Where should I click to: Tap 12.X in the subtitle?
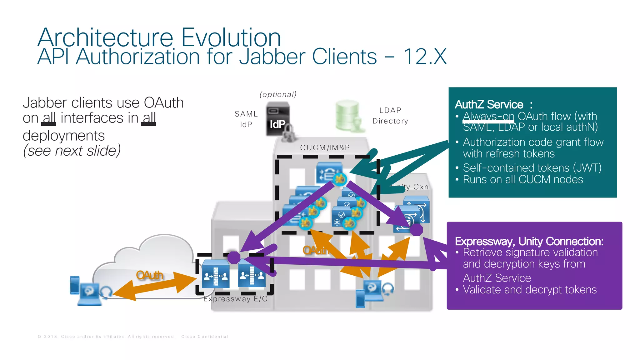click(425, 57)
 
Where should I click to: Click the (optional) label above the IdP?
click(278, 94)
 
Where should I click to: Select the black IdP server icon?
click(277, 121)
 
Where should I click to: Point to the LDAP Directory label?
click(390, 116)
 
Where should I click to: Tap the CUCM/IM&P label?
click(325, 147)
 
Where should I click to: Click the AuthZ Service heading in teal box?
click(489, 104)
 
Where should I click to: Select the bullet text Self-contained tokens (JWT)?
click(532, 168)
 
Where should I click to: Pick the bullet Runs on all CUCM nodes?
click(523, 179)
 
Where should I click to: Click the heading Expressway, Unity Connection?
click(529, 241)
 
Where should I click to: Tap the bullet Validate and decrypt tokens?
click(530, 290)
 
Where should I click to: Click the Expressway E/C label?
click(235, 299)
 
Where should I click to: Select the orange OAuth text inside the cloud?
click(150, 275)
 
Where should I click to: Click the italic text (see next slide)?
click(72, 151)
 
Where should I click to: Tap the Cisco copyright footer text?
click(133, 337)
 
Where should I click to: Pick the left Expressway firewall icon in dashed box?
click(215, 274)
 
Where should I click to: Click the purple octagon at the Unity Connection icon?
click(416, 229)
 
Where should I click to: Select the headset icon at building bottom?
click(388, 289)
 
